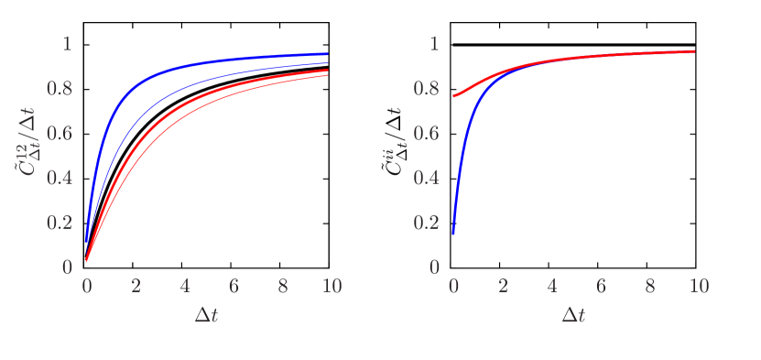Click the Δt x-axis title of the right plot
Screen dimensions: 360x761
click(x=573, y=314)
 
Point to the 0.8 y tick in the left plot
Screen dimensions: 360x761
click(x=60, y=89)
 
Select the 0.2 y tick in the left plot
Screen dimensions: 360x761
click(x=60, y=223)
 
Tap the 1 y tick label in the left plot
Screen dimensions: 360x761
click(x=66, y=43)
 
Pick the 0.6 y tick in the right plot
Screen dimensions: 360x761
click(x=428, y=134)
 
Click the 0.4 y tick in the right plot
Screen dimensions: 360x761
click(x=428, y=178)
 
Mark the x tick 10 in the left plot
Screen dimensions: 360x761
click(x=332, y=286)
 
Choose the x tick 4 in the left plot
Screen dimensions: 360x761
click(x=185, y=286)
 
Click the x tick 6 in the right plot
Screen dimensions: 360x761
click(x=601, y=286)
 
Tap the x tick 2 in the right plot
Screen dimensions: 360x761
click(x=503, y=286)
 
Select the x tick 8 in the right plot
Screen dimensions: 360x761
click(x=649, y=286)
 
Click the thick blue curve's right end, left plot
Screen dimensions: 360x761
click(x=327, y=54)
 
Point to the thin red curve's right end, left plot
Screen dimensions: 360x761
click(x=327, y=75)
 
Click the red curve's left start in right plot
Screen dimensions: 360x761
click(x=453, y=96)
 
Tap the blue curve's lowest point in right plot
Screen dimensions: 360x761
click(x=453, y=233)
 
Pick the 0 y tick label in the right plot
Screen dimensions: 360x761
click(x=433, y=267)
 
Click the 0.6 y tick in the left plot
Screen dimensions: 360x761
click(x=60, y=134)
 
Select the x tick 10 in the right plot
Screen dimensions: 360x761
click(x=699, y=286)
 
